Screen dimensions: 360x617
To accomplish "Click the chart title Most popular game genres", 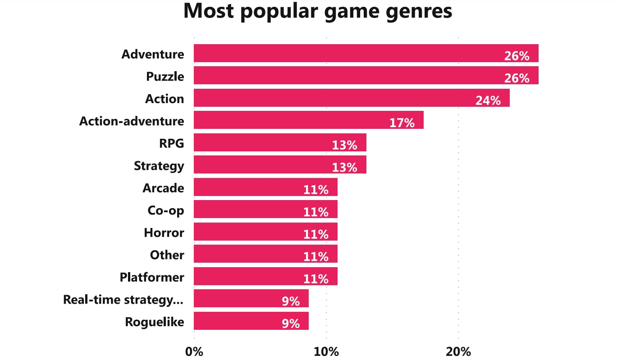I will click(x=318, y=12).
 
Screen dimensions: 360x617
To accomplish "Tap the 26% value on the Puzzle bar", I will click(x=516, y=78).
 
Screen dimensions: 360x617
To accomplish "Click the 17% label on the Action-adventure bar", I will click(x=402, y=123).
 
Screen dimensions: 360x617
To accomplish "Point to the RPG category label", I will click(x=171, y=143).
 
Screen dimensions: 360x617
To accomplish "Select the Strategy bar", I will click(x=279, y=165).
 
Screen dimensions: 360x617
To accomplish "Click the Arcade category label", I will click(x=163, y=188).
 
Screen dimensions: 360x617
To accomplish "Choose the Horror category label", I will click(x=164, y=232).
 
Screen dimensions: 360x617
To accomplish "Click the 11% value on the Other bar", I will click(x=315, y=257).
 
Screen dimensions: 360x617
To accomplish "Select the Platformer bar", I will click(x=265, y=276).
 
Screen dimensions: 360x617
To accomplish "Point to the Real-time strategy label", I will click(x=123, y=300).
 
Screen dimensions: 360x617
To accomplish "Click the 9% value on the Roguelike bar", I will click(x=291, y=324).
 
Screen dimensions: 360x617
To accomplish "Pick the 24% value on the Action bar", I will click(x=488, y=100).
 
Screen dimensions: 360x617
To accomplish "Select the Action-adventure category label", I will click(x=132, y=121).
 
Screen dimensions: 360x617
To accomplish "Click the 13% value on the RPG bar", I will click(x=344, y=145).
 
